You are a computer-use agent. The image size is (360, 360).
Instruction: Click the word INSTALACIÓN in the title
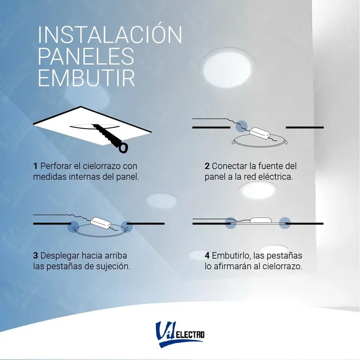tap(110, 35)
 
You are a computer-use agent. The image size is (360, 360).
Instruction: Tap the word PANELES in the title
tap(85, 57)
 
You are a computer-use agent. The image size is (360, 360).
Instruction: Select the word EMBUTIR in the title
tap(86, 78)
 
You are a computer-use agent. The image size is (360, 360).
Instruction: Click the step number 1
tap(35, 166)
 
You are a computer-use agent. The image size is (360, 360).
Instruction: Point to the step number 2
tap(207, 166)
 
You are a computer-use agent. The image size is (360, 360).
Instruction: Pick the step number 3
tap(35, 255)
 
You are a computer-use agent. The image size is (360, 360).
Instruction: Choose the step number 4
tap(207, 255)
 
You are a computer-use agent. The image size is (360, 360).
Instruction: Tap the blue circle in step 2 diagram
tap(243, 126)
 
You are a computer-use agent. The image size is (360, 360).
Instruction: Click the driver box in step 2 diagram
tap(260, 133)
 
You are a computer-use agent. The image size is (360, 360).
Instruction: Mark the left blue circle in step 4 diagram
tap(231, 222)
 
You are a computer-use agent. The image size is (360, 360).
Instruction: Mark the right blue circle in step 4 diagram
tap(284, 222)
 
